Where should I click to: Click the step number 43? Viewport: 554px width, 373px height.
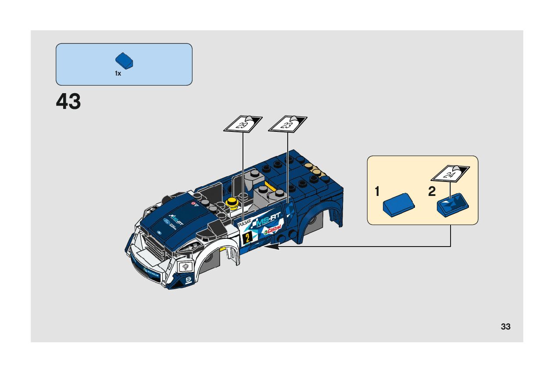68,101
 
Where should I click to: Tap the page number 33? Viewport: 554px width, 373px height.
505,326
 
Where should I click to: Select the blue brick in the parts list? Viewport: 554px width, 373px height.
124,61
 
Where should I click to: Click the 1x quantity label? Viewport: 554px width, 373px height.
118,74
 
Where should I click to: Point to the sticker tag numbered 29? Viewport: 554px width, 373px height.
243,124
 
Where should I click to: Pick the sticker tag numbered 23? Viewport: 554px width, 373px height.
287,124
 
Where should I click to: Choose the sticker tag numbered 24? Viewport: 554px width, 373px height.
450,174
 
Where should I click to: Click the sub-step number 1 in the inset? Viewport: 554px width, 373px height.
377,192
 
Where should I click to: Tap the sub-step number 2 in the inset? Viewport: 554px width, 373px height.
432,192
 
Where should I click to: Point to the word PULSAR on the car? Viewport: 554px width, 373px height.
245,223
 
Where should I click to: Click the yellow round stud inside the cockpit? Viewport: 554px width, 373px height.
233,202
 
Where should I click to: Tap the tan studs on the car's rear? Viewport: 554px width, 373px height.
315,170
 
